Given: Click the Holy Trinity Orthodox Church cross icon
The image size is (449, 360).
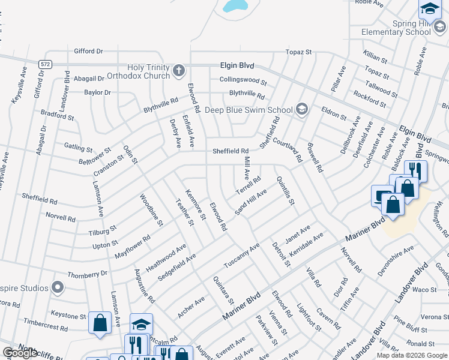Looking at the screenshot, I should [x=178, y=71].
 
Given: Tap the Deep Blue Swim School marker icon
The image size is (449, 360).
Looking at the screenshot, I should [x=301, y=109].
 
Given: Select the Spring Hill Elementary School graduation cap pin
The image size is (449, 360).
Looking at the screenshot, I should [x=429, y=9].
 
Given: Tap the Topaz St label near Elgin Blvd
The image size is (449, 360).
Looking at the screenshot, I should [x=298, y=53].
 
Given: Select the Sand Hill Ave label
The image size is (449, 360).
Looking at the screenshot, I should [x=250, y=200].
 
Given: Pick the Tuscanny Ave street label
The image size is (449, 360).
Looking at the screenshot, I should [x=241, y=255].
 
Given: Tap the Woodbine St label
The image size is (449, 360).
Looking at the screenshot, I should [x=152, y=209].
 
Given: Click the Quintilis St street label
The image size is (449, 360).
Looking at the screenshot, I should [x=286, y=191].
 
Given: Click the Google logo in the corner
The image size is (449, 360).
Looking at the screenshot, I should [x=20, y=353].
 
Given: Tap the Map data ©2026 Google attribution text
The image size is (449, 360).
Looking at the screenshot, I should [x=411, y=355].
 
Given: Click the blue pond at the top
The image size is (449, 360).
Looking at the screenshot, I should [x=235, y=6].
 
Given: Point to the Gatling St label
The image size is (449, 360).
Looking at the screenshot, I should [x=79, y=148].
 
